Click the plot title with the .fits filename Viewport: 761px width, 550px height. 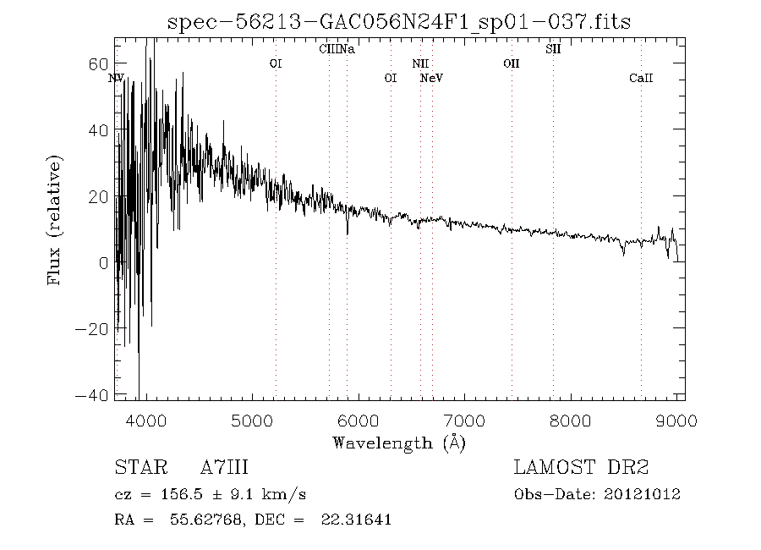(399, 23)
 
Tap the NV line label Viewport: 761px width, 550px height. (117, 78)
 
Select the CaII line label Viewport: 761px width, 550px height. (641, 78)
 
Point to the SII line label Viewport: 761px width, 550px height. (553, 49)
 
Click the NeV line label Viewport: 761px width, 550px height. (432, 78)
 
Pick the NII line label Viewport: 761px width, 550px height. (420, 63)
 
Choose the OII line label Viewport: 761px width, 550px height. (511, 63)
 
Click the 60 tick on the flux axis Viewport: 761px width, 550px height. (99, 64)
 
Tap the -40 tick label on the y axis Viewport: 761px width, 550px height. (94, 395)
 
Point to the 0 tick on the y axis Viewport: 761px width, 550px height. (104, 263)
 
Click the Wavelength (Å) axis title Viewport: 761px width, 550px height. (399, 442)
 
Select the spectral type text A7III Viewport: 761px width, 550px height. (224, 467)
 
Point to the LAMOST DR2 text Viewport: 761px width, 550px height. (581, 467)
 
